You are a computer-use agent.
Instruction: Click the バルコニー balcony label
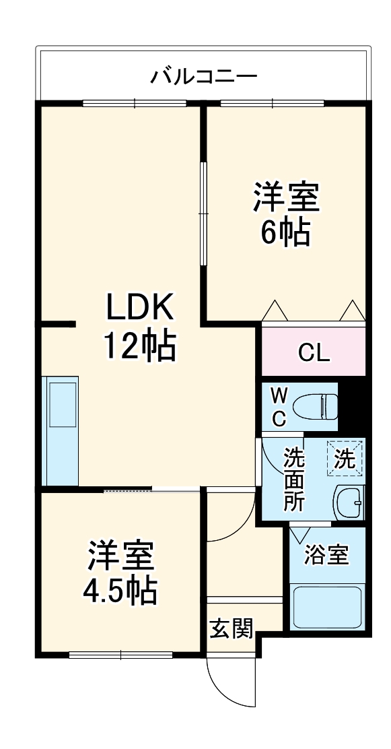pos(203,74)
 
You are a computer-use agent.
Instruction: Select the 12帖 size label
pos(139,346)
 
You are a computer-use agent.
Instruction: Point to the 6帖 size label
pos(285,233)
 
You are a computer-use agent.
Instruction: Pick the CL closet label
pos(314,352)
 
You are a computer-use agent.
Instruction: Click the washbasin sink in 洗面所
pos(349,502)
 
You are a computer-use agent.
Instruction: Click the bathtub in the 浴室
pos(327,607)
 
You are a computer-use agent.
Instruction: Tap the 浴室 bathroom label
pos(326,556)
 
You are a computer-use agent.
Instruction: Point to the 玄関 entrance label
pos(231,630)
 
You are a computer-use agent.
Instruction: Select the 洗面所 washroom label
pos(293,480)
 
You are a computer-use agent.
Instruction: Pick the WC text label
pos(279,406)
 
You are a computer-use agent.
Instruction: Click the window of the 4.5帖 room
pos(121,653)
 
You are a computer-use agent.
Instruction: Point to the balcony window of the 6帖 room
pos(273,103)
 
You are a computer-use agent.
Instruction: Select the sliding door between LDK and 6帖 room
pos(203,213)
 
